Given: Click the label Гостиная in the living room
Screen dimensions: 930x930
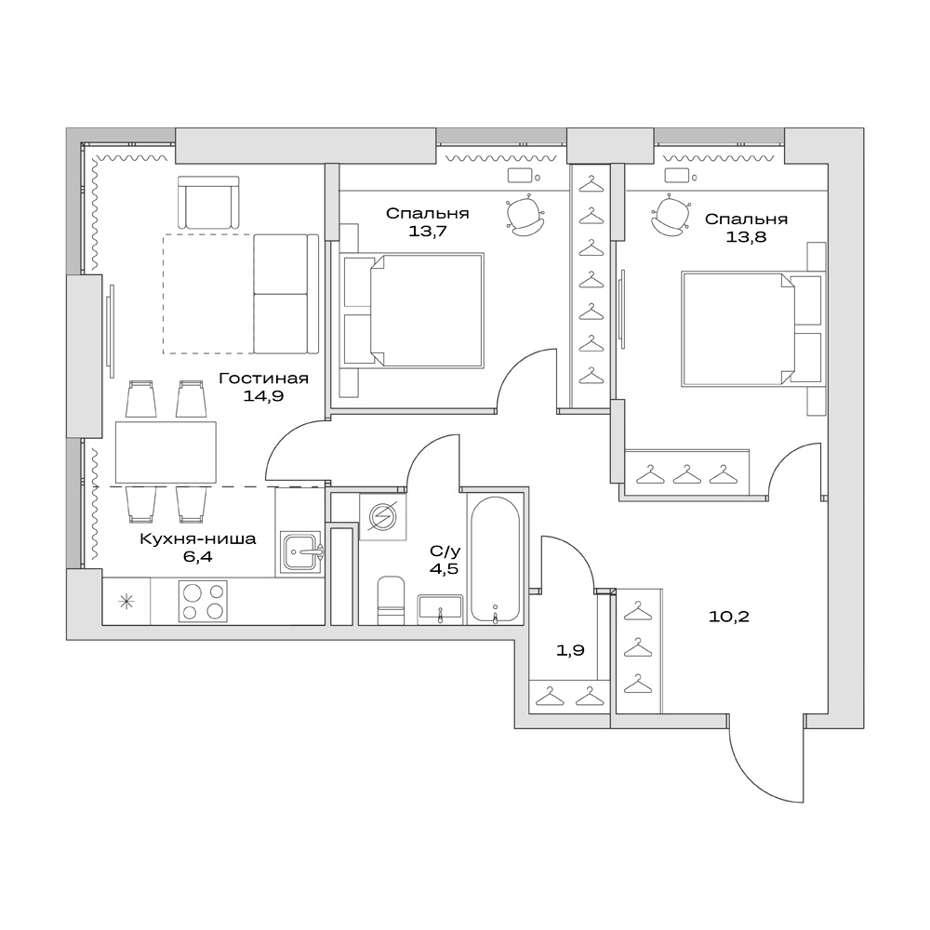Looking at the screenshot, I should (263, 379).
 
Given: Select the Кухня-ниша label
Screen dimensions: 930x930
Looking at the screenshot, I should (197, 538).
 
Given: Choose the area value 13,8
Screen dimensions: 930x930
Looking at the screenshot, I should (746, 236).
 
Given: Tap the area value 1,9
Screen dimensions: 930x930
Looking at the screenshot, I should (569, 651).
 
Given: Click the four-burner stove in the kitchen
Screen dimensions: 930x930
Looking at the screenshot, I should (203, 601).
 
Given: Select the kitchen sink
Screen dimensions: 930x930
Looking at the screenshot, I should (300, 552).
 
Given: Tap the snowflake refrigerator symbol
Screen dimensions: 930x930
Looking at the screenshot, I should (126, 601).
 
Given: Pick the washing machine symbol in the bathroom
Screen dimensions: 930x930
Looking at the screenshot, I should (382, 515).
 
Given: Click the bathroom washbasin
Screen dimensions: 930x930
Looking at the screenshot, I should (440, 609).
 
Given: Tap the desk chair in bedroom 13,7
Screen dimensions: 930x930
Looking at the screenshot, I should (525, 216).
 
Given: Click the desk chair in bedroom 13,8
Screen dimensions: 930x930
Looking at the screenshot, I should (672, 216).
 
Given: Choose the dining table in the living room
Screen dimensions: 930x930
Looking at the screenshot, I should (166, 452).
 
